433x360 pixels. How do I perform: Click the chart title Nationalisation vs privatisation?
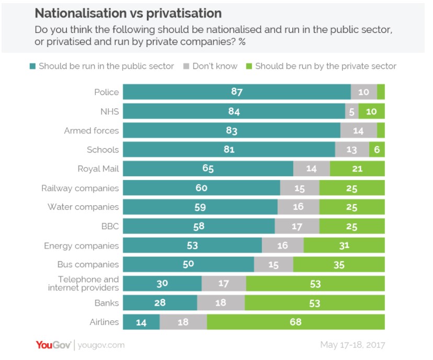click(x=128, y=13)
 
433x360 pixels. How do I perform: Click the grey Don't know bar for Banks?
click(x=221, y=303)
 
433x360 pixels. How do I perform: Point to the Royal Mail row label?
click(x=98, y=168)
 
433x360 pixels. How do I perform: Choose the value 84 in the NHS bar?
click(x=233, y=111)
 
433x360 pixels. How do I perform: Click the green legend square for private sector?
click(x=249, y=66)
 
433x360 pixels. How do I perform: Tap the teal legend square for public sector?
click(x=33, y=66)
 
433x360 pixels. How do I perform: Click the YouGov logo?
click(x=53, y=345)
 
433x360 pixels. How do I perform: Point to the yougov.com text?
click(x=102, y=345)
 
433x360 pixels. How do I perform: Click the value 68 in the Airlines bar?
click(x=296, y=322)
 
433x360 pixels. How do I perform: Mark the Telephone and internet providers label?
click(x=84, y=284)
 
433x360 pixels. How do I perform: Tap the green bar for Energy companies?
click(x=344, y=245)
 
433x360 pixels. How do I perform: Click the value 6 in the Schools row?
click(x=377, y=150)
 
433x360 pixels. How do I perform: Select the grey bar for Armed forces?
click(x=358, y=130)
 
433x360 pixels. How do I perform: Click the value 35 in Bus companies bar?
click(x=339, y=265)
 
